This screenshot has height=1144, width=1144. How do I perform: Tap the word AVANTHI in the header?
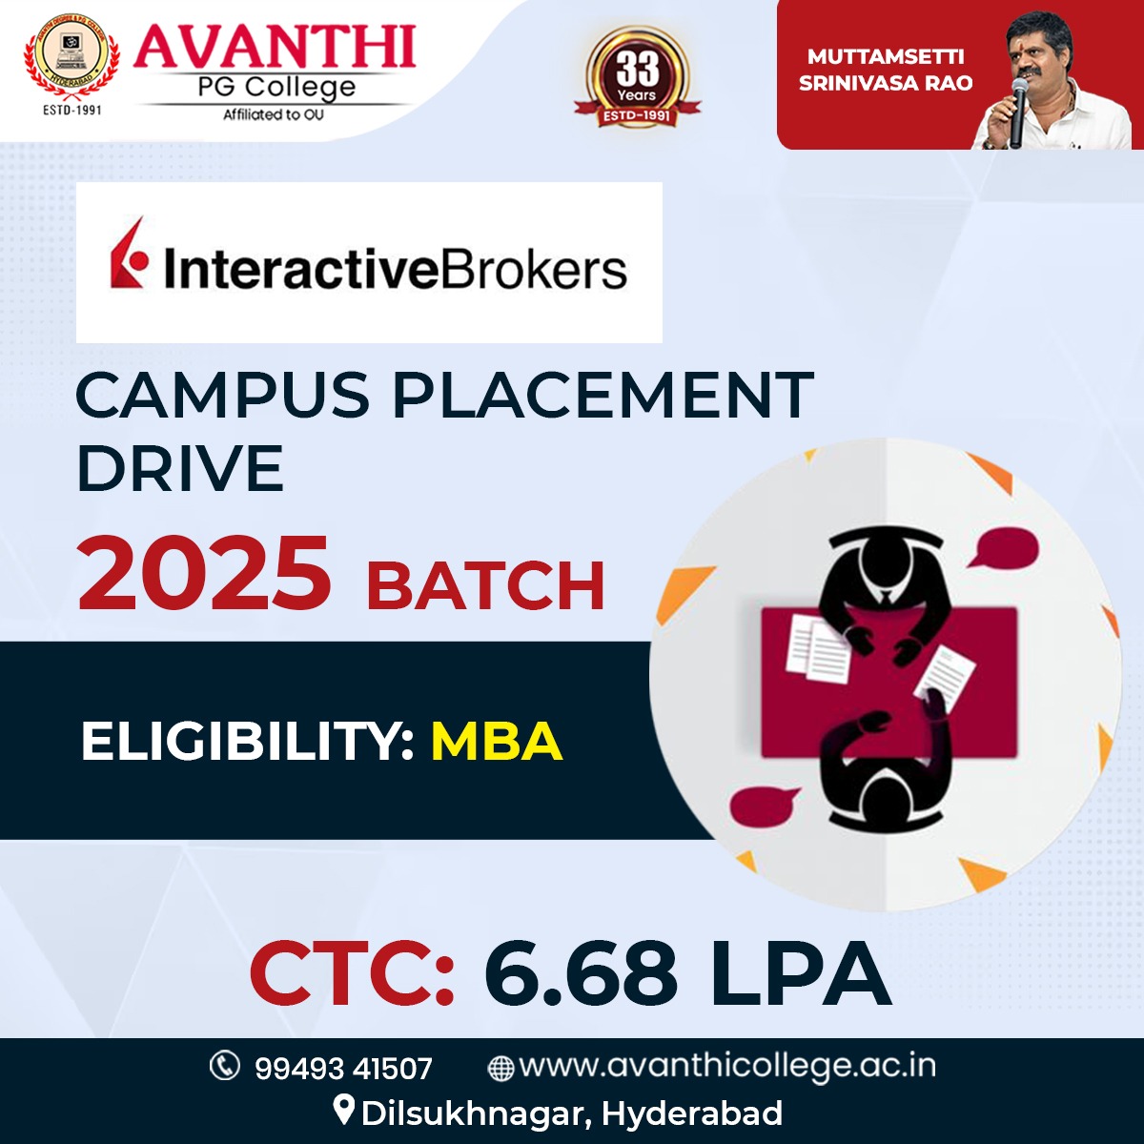(275, 47)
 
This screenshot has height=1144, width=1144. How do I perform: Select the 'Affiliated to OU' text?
(274, 114)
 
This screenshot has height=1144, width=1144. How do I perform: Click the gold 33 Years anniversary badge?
(638, 77)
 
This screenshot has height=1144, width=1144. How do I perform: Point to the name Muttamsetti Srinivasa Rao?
(885, 70)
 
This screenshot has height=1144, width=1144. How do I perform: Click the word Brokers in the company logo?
(530, 270)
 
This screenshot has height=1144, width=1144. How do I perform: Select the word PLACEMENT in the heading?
(603, 395)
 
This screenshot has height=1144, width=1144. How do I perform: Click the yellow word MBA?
(497, 742)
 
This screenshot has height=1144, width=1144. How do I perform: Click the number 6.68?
(581, 971)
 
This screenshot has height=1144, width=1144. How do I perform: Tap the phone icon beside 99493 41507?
(225, 1066)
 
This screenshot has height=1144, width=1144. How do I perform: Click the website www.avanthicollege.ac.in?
(727, 1067)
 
